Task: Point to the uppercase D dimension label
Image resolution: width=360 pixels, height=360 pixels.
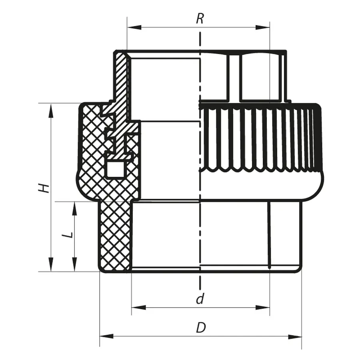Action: pyautogui.click(x=200, y=328)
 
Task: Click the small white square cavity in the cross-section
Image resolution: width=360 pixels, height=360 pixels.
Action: pyautogui.click(x=116, y=169)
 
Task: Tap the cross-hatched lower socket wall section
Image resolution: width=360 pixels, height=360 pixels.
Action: pyautogui.click(x=114, y=236)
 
